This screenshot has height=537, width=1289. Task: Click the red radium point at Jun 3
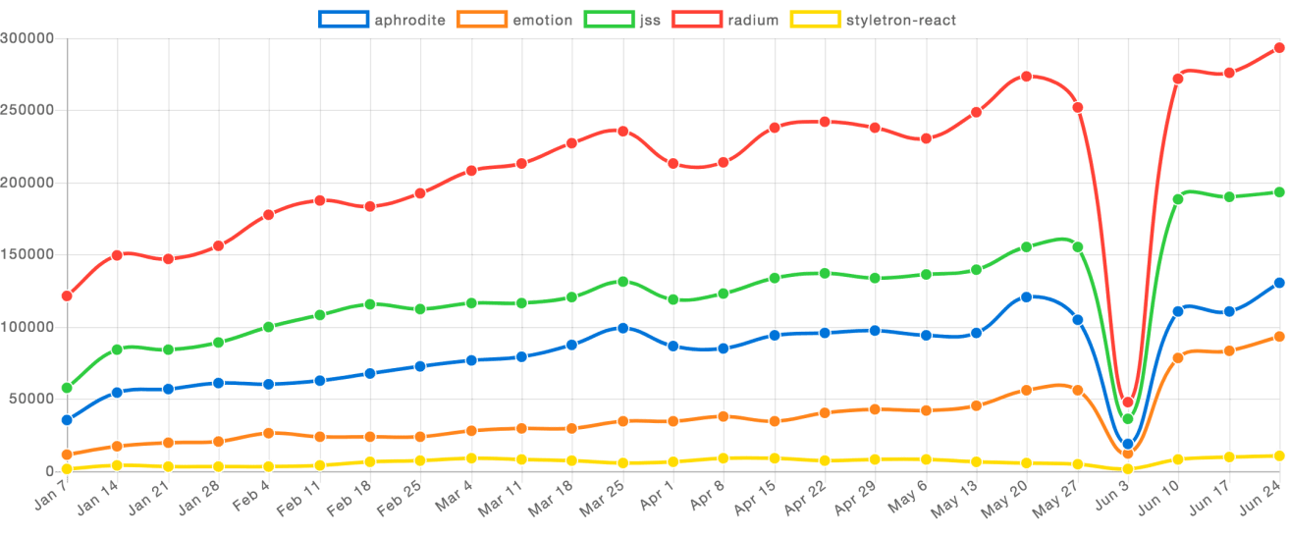(1128, 402)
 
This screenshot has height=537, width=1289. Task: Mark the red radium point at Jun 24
(1279, 47)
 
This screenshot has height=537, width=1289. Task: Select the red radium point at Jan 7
(67, 295)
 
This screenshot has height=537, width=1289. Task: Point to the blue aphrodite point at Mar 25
(623, 327)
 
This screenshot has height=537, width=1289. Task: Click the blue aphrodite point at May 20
(1027, 296)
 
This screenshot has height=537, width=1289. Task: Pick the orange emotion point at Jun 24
(1279, 337)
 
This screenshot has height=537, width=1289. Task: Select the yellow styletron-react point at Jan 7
(67, 469)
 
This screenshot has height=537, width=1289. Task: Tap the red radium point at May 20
(1027, 76)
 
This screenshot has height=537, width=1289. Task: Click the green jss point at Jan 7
(67, 388)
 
